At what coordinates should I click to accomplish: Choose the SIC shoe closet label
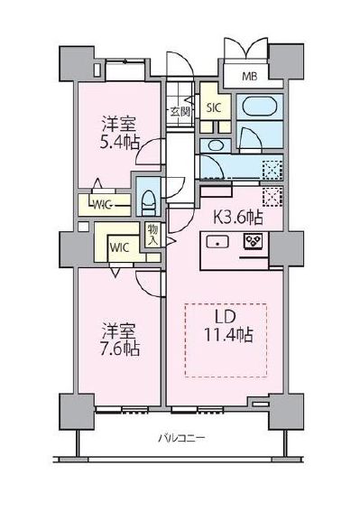coord(214,107)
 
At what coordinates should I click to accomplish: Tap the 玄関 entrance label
coord(180,112)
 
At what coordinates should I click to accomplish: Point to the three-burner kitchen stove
coord(254,241)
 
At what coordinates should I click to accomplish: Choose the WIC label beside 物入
coord(119,244)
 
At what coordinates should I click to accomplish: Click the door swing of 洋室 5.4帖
coord(149,155)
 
